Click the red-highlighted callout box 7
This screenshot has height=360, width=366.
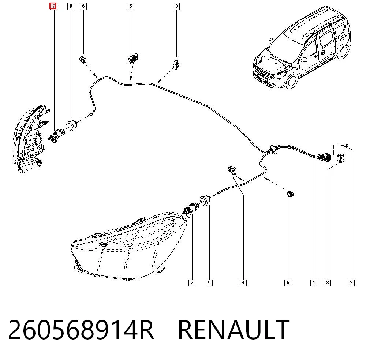[53, 6]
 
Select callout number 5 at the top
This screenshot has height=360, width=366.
[131, 6]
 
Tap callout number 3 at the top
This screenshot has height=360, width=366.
[176, 6]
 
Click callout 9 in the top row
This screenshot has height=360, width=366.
[71, 6]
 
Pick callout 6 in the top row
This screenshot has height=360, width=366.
[83, 6]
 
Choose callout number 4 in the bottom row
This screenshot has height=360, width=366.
[243, 283]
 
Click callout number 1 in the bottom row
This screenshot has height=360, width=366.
[314, 283]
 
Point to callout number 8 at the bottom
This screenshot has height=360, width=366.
[327, 283]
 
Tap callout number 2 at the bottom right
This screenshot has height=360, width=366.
[351, 283]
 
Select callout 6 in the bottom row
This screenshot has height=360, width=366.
[288, 283]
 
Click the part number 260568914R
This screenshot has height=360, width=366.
[81, 329]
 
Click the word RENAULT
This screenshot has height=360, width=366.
[234, 329]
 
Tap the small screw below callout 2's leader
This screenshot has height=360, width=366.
[346, 146]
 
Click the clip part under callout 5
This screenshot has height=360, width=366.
[133, 58]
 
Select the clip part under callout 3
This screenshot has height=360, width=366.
[176, 64]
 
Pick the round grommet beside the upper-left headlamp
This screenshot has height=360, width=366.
[72, 125]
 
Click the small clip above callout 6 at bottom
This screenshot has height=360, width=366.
[290, 194]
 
